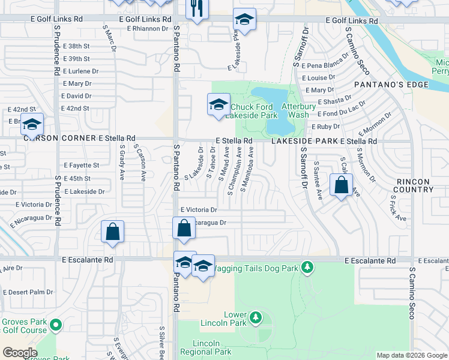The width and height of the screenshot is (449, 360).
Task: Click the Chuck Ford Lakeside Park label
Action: tap(255, 110)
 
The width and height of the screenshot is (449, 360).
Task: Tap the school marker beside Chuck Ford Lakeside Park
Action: tap(218, 106)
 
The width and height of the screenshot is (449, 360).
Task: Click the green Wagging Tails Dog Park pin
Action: tap(307, 266)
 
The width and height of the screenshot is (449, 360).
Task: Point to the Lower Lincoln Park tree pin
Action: tap(255, 316)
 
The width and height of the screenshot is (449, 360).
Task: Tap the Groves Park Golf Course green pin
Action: tap(56, 326)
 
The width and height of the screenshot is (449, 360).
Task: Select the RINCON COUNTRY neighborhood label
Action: tap(414, 185)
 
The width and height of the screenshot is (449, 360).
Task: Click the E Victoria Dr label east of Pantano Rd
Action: tap(198, 210)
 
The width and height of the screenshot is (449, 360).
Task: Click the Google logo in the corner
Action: tap(20, 353)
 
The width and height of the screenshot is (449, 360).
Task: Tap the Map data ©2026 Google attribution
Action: tap(411, 355)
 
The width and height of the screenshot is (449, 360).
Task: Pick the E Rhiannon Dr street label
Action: tap(144, 29)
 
